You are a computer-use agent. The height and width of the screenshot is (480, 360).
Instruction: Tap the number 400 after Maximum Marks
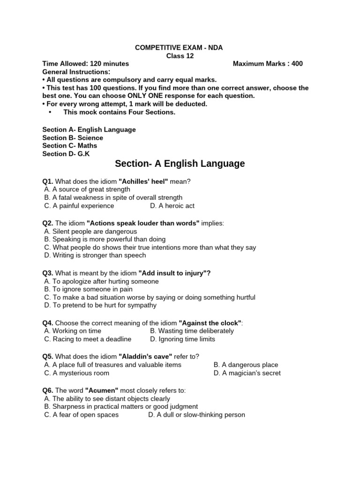pos(297,64)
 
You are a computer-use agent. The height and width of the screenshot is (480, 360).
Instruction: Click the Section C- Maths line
pos(70,145)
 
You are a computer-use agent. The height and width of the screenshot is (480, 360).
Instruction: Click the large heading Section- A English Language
pos(180,164)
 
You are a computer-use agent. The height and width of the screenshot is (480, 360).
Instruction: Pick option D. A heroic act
pos(172,205)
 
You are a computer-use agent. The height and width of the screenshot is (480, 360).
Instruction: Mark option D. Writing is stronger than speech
pos(95,255)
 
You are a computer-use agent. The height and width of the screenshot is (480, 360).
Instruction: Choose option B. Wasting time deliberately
pos(192,330)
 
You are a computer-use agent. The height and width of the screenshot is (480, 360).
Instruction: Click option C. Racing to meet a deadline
pos(88,338)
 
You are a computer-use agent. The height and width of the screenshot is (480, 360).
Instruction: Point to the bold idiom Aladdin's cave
pos(145,357)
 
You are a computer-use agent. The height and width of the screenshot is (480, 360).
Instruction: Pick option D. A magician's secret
pos(247,373)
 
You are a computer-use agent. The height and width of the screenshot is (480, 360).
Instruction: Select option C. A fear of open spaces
pos(82,414)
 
